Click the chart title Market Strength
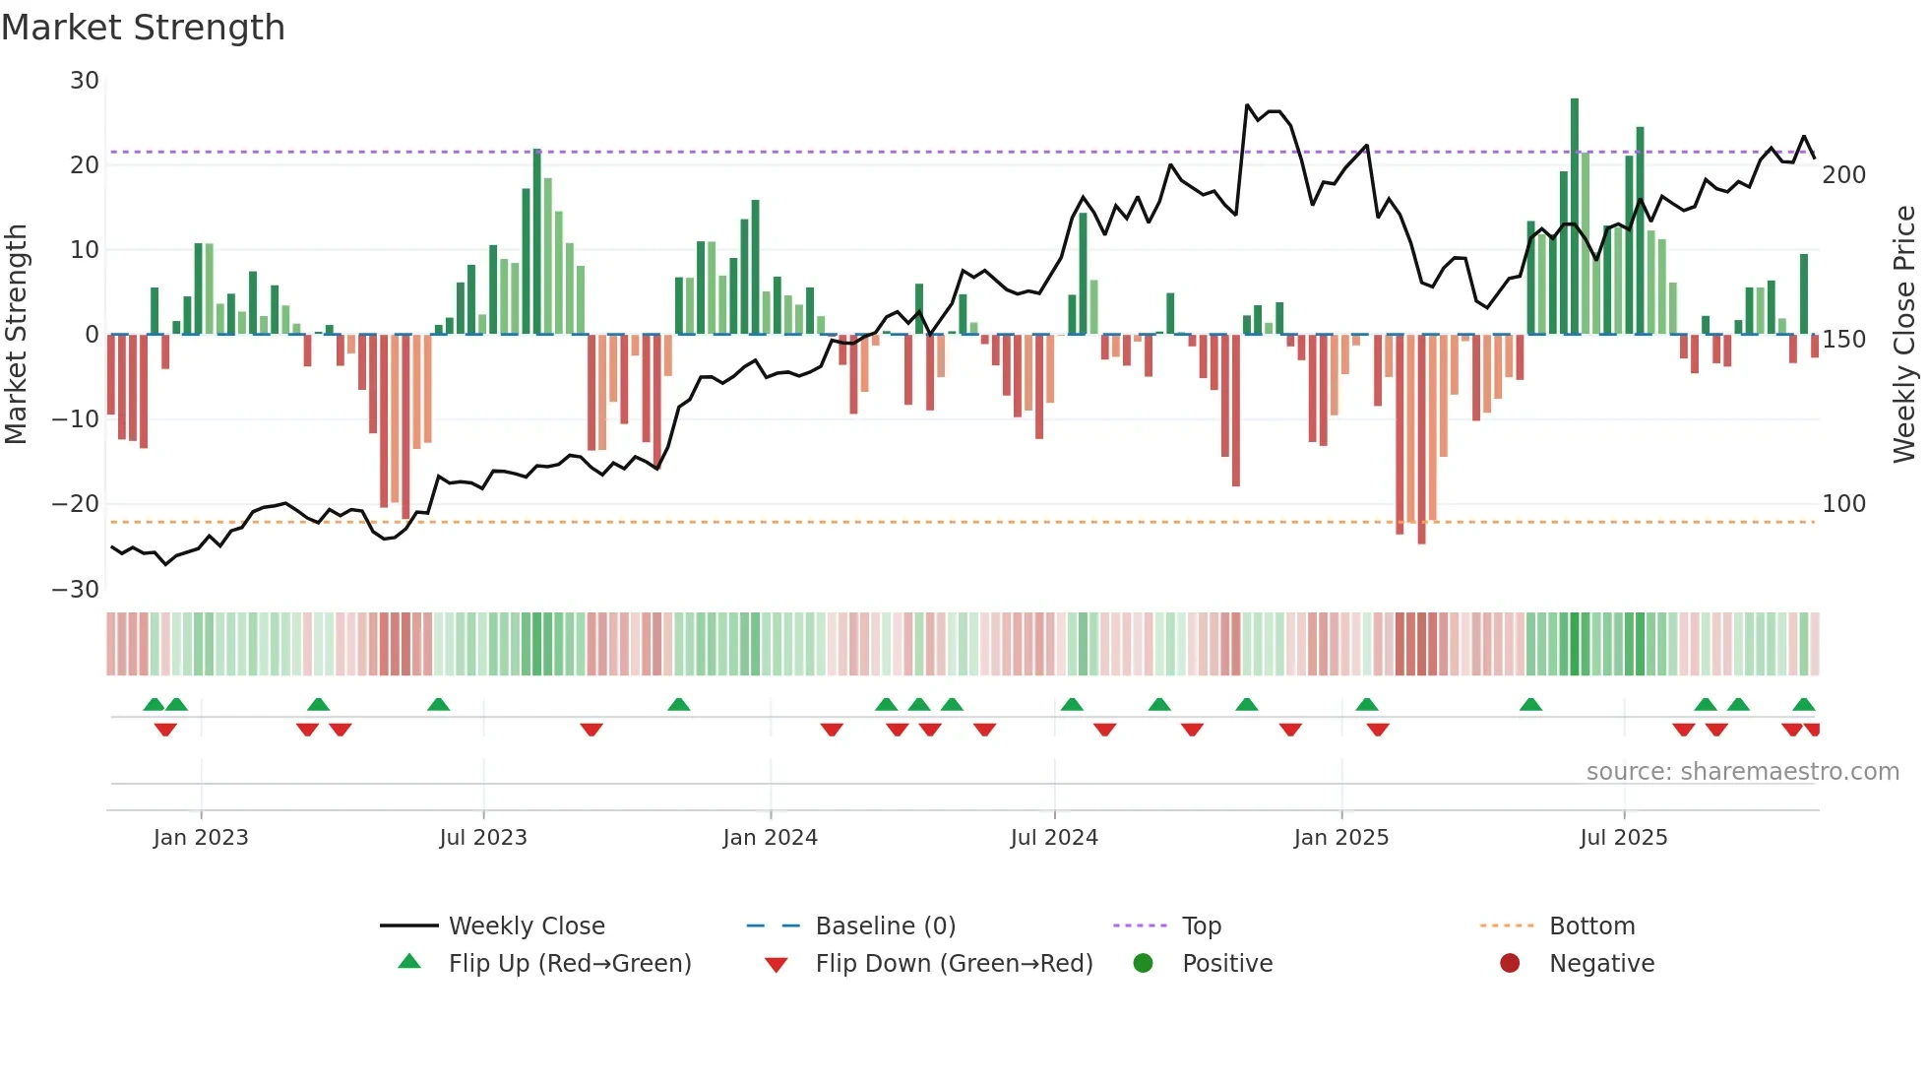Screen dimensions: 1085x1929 [143, 28]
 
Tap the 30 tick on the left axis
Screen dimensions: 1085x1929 [85, 81]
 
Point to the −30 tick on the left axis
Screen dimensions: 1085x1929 [76, 590]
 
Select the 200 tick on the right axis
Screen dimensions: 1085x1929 [1843, 175]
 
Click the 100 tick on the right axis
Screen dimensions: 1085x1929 [1843, 504]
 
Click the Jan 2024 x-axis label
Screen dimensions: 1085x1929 [770, 838]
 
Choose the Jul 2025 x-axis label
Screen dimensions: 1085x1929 [1623, 838]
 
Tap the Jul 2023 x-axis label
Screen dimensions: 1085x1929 [483, 838]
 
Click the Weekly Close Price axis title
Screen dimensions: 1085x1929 [1904, 335]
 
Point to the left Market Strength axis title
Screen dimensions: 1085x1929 [17, 335]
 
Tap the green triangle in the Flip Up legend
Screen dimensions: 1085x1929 [409, 962]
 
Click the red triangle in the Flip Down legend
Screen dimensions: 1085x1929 [776, 965]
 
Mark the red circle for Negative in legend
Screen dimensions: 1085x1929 [1509, 963]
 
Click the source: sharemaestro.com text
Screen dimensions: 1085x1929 [1742, 772]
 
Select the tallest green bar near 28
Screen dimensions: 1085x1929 [1575, 217]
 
